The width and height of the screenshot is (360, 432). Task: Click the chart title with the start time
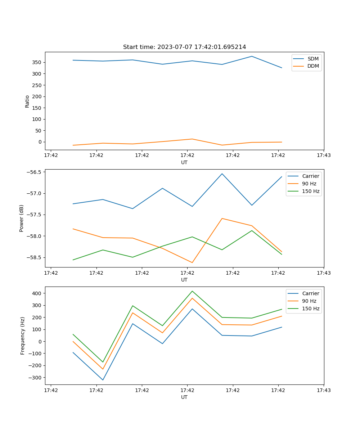184,47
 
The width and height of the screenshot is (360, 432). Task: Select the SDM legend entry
313,59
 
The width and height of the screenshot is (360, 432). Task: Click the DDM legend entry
313,66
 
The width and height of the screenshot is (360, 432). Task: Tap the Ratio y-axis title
27,101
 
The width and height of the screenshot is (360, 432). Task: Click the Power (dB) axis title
22,218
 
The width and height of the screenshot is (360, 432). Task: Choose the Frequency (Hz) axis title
22,336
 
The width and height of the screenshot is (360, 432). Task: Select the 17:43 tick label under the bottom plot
324,390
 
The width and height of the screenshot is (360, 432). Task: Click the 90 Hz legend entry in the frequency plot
309,301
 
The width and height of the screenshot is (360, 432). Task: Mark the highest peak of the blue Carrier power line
222,174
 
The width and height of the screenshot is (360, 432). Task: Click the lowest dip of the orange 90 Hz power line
192,262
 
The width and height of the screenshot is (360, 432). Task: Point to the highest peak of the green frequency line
192,291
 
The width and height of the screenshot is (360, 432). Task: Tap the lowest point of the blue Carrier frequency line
103,380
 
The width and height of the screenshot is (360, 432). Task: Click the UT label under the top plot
184,162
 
